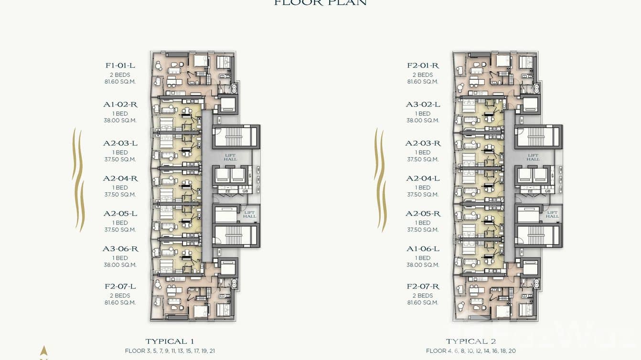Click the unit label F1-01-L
tap(120, 65)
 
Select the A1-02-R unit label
tap(120, 105)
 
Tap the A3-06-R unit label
tap(120, 249)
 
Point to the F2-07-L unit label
tap(120, 286)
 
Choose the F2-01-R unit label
tap(423, 65)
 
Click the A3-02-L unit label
tap(423, 105)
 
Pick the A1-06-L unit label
tap(423, 249)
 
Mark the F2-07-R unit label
tap(423, 286)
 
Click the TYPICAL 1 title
tap(170, 341)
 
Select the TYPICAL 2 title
tap(470, 341)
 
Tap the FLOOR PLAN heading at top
tap(320, 3)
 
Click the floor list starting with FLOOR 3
tap(170, 351)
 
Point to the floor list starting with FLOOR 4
tap(470, 351)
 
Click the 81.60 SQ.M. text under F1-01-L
tap(120, 82)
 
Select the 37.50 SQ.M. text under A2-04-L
tap(423, 194)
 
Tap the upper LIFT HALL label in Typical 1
tap(230, 157)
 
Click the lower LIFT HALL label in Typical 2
tap(552, 214)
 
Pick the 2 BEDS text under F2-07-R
tap(423, 296)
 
